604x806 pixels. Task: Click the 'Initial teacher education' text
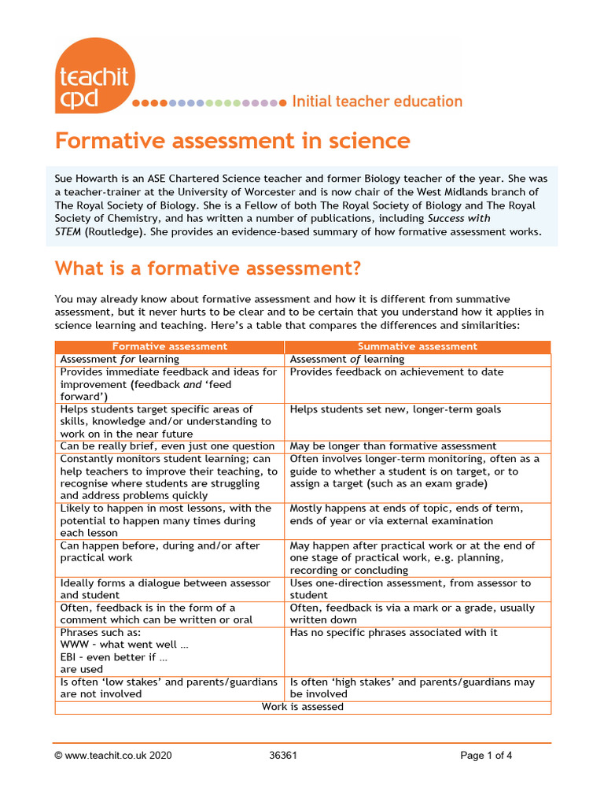pos(377,102)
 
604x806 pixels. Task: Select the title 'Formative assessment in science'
pos(232,141)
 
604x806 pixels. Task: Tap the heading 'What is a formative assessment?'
pos(208,269)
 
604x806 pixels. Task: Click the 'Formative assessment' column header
pos(169,346)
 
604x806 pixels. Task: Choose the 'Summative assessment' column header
pos(417,346)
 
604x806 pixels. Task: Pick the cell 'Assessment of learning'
pos(347,359)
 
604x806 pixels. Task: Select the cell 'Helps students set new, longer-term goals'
pos(395,409)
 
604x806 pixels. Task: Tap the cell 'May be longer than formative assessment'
pos(392,446)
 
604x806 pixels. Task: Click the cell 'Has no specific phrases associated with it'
pos(393,633)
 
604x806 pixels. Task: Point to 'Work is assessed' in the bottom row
pos(303,707)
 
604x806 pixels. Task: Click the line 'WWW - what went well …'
pos(124,645)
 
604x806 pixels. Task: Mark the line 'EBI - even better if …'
pos(114,657)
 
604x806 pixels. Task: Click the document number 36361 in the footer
pos(283,756)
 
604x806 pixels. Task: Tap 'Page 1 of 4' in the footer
pos(486,756)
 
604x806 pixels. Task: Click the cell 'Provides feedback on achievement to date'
pos(396,372)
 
